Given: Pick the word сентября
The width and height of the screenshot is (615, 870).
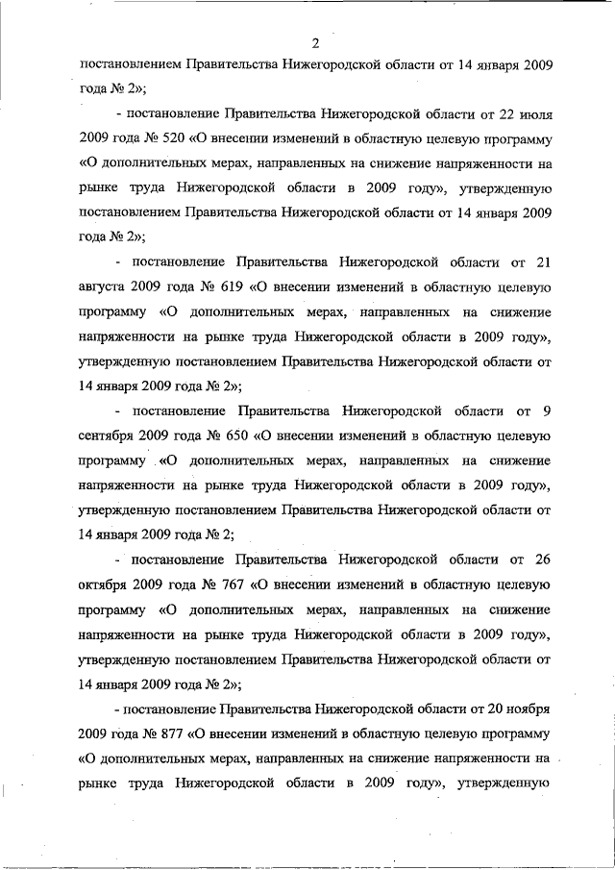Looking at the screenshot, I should pos(106,435).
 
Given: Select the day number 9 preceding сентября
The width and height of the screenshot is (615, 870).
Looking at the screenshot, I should pos(546,411).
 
